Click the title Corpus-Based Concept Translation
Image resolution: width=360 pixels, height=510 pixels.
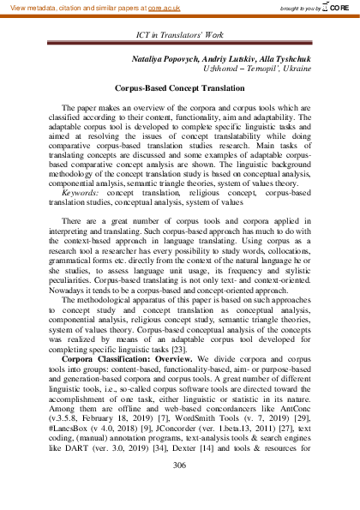click(179, 88)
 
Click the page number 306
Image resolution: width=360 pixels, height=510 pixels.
click(179, 465)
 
